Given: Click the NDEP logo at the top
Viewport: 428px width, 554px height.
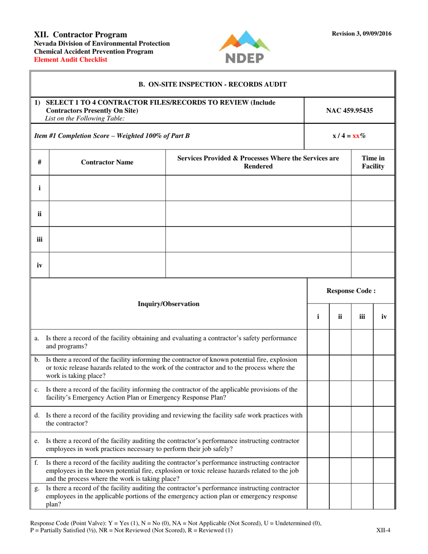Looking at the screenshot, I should [x=244, y=47].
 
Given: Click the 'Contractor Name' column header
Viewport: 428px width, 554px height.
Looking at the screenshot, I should [x=107, y=163].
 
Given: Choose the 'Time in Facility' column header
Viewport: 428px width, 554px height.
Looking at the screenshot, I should [x=373, y=163].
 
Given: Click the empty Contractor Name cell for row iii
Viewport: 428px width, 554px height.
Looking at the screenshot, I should [x=107, y=240].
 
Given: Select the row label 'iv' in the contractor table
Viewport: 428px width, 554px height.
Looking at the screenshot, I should [x=39, y=265].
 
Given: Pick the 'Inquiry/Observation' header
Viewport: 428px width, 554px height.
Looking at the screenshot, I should [x=168, y=304].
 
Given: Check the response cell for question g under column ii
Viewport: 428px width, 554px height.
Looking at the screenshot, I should [x=340, y=496].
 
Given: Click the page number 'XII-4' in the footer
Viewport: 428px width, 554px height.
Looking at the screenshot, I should [x=383, y=530].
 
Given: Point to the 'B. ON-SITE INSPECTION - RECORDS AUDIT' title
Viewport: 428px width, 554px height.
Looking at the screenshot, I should [x=212, y=84].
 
